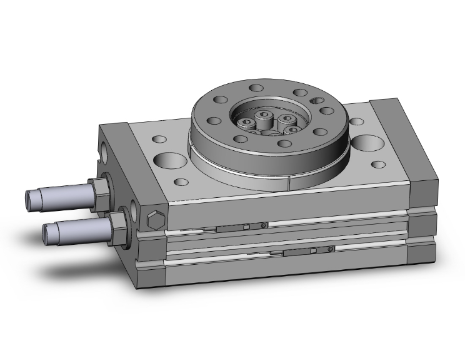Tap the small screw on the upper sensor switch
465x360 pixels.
coord(265,225)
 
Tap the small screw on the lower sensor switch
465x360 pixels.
coord(331,249)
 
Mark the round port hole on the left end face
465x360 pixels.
coord(101,149)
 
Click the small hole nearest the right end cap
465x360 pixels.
coord(379,166)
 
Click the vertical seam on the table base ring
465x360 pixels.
coord(289,183)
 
